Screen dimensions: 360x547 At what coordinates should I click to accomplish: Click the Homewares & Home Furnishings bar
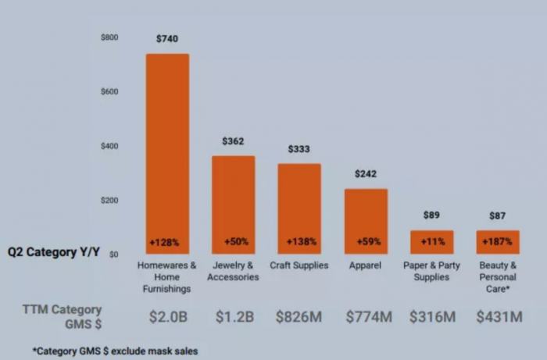click(167, 148)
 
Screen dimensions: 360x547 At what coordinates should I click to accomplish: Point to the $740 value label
click(167, 39)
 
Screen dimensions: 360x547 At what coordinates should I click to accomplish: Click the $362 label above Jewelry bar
click(233, 141)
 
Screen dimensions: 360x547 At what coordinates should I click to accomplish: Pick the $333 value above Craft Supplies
click(299, 148)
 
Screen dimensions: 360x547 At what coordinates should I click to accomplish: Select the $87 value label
click(498, 216)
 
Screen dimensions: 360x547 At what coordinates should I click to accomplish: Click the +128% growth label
click(165, 242)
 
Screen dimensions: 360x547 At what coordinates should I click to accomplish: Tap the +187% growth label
click(498, 242)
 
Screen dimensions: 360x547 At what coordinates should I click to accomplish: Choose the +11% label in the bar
click(432, 242)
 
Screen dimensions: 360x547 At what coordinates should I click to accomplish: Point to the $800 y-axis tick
click(109, 37)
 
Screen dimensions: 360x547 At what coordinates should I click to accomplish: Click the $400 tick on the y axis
click(109, 146)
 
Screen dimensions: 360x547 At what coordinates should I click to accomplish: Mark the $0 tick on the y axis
click(113, 255)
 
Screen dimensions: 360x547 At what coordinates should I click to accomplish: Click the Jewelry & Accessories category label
click(233, 271)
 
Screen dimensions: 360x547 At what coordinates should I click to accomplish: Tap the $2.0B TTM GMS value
click(167, 316)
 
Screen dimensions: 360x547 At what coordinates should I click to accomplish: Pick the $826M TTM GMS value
click(299, 316)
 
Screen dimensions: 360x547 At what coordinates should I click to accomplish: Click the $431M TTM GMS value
click(499, 316)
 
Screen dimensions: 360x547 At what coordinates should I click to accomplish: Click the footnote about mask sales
click(115, 351)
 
